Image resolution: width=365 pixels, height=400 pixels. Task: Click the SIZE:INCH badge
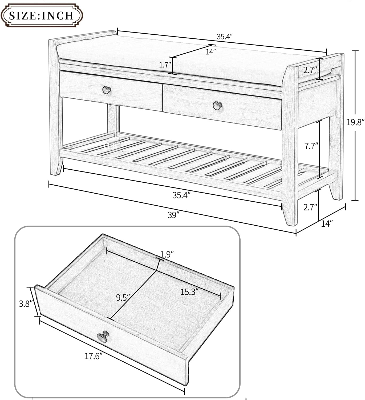41,15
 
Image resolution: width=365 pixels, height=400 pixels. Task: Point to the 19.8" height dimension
355,122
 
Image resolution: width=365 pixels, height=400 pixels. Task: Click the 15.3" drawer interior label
189,292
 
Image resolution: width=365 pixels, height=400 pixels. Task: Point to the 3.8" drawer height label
26,304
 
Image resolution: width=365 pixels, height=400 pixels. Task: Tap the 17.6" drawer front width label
94,356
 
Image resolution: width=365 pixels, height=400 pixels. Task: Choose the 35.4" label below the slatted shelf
182,195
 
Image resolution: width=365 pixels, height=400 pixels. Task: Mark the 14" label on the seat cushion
210,52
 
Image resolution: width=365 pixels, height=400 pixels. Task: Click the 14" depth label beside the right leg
327,223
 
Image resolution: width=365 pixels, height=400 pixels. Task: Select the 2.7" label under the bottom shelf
310,207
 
